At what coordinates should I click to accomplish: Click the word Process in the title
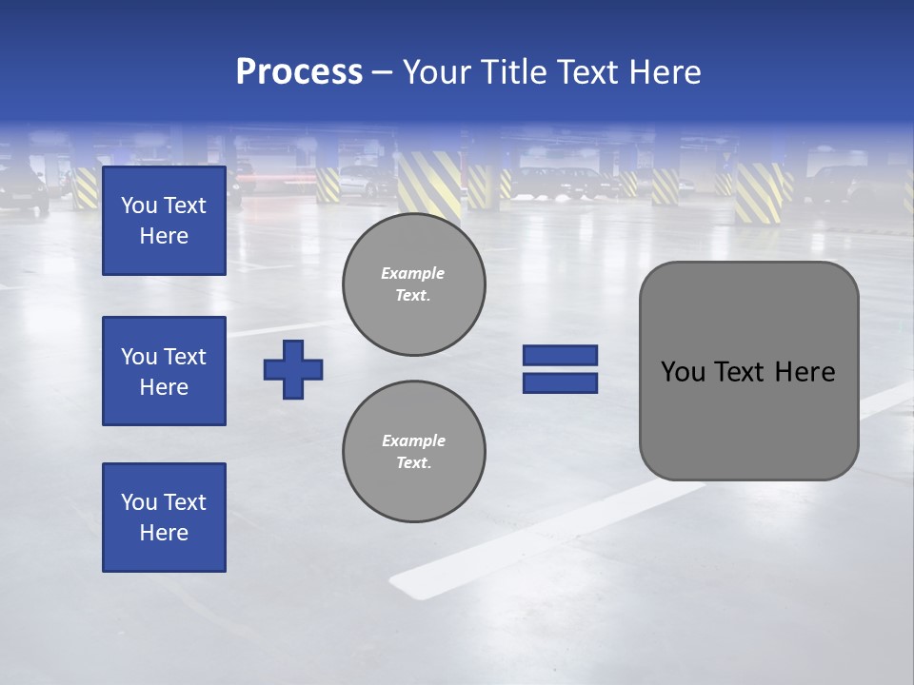299,72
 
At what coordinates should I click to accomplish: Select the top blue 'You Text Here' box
164,221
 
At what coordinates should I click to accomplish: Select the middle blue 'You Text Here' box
164,371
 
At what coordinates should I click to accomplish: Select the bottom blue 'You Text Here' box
164,518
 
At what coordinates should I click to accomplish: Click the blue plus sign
293,369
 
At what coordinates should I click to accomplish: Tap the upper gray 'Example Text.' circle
413,284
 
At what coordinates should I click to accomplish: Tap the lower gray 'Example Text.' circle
413,452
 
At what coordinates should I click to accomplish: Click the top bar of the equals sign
560,355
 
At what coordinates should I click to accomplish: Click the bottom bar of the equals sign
560,382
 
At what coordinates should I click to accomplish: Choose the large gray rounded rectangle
748,428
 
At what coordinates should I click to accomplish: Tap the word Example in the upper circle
413,273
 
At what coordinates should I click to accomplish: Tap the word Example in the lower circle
413,440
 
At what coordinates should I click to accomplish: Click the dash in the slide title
382,72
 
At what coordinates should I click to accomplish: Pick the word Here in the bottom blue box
164,533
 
